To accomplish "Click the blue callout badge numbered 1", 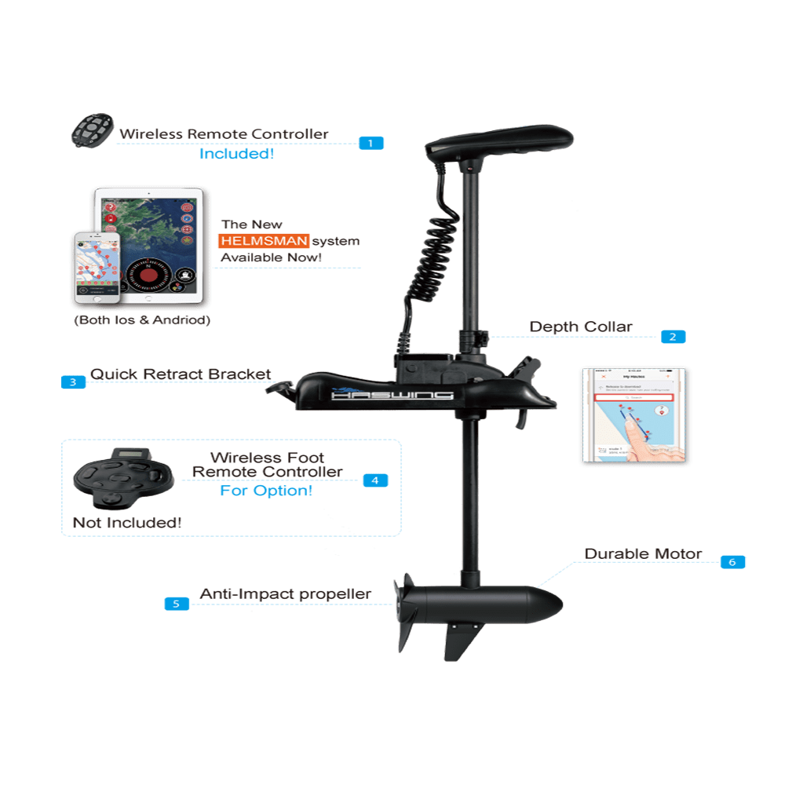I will coord(371,143).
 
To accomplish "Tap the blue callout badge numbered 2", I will coord(673,337).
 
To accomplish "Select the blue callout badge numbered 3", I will coord(73,382).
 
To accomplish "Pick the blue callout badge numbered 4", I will coord(375,480).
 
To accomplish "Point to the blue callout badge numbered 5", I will coord(177,604).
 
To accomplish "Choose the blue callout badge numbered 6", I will coord(732,562).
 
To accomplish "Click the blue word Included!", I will coord(236,154).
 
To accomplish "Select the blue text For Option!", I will coord(266,491).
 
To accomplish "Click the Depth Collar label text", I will coord(580,327).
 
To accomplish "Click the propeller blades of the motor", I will coord(405,612).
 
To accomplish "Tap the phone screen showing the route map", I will coord(635,416).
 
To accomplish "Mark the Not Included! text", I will coord(127,522).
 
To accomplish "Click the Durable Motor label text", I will coord(643,554).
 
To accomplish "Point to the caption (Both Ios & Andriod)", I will coord(141,321).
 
